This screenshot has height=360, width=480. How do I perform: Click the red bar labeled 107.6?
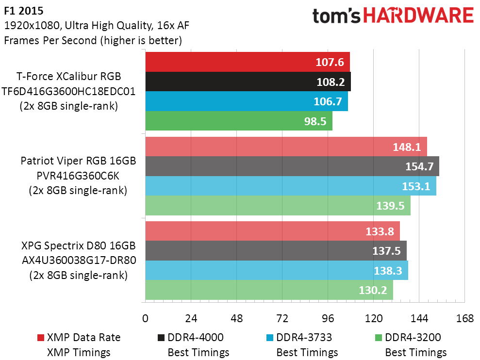248,62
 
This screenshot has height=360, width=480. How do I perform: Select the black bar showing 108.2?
248,82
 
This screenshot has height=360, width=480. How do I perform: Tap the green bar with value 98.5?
239,121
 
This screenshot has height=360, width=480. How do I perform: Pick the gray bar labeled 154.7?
292,166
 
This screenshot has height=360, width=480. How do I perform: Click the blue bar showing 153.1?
291,186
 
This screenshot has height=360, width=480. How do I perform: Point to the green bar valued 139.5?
278,205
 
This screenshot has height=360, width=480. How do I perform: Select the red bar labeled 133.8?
272,231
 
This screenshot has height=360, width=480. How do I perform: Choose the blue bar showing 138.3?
277,270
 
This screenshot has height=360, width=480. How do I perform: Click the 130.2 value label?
373,290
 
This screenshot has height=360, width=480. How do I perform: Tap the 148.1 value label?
407,147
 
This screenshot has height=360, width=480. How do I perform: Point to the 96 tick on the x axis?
328,319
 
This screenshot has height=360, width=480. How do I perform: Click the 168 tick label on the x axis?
464,319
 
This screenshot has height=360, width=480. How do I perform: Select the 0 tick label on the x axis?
146,319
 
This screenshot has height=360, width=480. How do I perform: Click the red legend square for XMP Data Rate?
41,338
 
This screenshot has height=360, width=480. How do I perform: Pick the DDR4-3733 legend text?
304,337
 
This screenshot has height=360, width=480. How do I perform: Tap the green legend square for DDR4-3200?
379,338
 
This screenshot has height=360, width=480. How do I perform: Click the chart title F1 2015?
24,11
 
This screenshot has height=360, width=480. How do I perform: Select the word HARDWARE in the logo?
418,16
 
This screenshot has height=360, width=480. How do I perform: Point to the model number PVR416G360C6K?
78,176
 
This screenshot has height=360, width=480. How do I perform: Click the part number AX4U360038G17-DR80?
79,260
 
